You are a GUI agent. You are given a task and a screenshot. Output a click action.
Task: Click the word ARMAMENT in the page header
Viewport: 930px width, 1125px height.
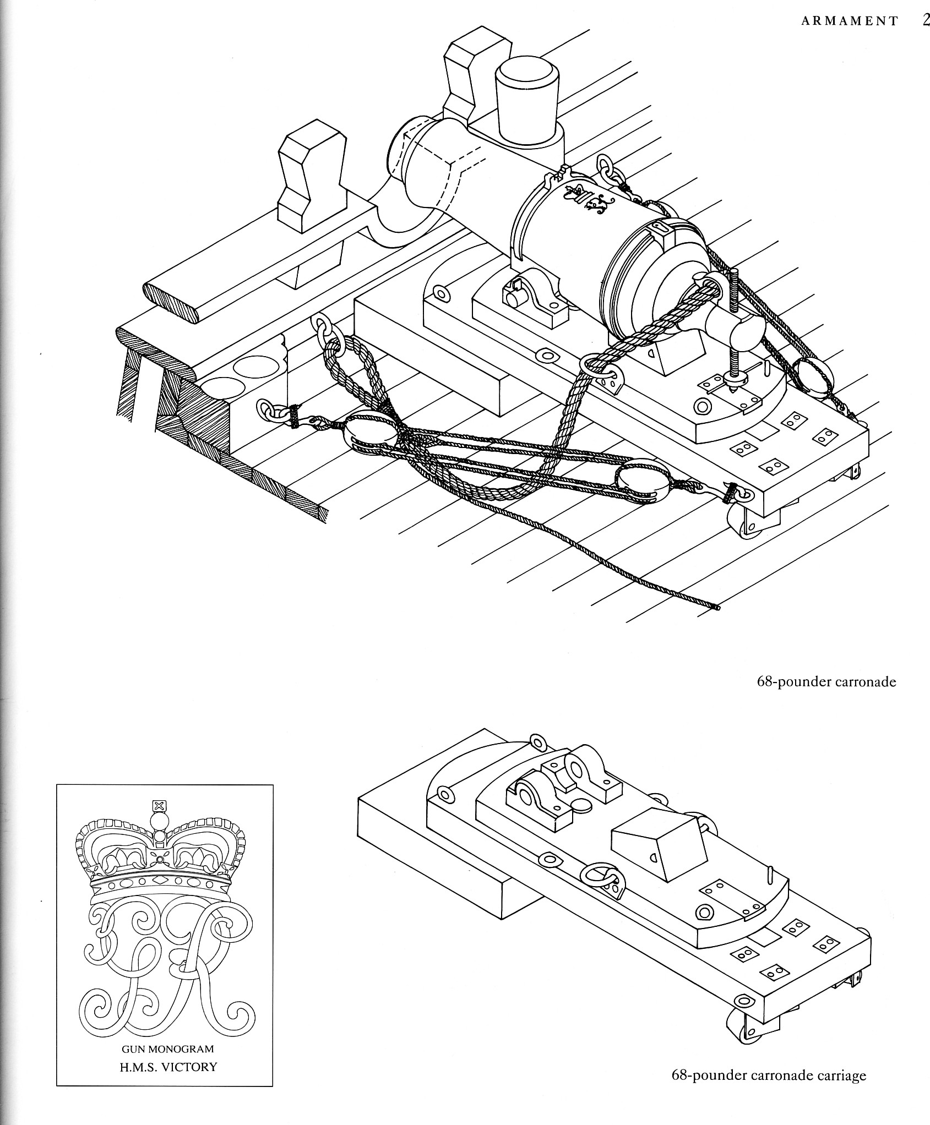849,21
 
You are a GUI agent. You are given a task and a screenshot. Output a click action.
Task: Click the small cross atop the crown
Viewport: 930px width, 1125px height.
159,807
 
